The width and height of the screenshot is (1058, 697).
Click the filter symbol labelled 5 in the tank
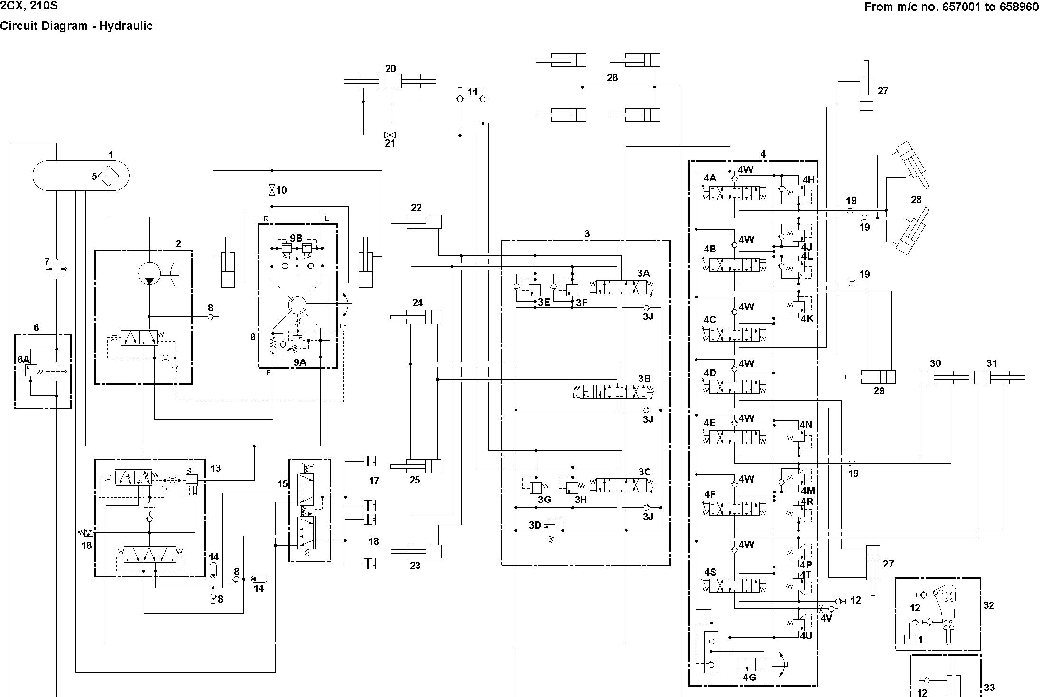pyautogui.click(x=109, y=176)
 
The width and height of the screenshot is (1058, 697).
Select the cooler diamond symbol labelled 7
pyautogui.click(x=56, y=269)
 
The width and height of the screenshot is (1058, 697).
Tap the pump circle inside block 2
pyautogui.click(x=149, y=274)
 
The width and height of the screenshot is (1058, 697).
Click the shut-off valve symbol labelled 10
pyautogui.click(x=272, y=190)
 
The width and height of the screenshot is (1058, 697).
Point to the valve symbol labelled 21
pyautogui.click(x=390, y=135)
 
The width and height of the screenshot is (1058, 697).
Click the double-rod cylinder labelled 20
pyautogui.click(x=390, y=81)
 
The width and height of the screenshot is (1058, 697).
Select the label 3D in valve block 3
pyautogui.click(x=535, y=525)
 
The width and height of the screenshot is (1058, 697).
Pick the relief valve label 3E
pyautogui.click(x=544, y=302)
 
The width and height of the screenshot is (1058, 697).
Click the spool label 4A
pyautogui.click(x=710, y=178)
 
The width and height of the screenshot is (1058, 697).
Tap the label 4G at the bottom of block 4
pyautogui.click(x=749, y=678)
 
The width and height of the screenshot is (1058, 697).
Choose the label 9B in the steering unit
pyautogui.click(x=296, y=238)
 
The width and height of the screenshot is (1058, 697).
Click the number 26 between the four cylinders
pyautogui.click(x=613, y=78)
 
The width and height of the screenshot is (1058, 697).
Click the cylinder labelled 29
pyautogui.click(x=871, y=377)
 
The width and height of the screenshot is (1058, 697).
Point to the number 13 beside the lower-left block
pyautogui.click(x=215, y=468)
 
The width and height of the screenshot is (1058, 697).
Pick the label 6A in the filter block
pyautogui.click(x=23, y=360)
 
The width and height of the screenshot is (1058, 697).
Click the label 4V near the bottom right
pyautogui.click(x=826, y=618)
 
